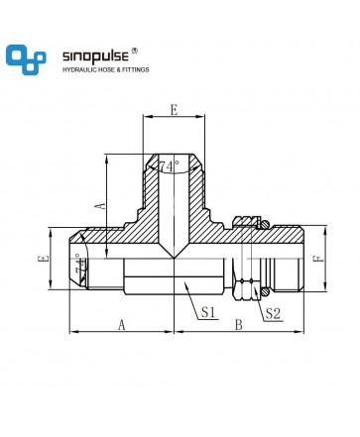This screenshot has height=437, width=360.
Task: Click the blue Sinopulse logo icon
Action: pos(26,59)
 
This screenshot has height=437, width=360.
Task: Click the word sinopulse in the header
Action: pos(95,56)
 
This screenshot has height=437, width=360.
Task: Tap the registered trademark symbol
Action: pos(135,51)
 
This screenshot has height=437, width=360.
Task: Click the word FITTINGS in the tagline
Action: pos(136,69)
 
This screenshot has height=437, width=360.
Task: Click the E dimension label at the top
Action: pos(174,110)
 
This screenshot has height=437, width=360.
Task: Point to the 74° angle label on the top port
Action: pos(169,166)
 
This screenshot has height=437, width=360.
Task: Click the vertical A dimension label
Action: pos(100,205)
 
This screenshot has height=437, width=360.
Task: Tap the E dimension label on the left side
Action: pos(44,259)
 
